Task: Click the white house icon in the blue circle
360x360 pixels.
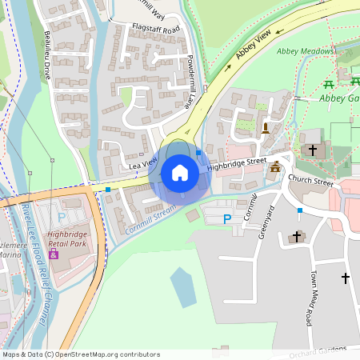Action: (x=180, y=173)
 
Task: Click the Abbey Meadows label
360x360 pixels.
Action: (x=302, y=51)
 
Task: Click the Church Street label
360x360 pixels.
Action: (x=310, y=181)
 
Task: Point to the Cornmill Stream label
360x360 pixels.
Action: (x=150, y=218)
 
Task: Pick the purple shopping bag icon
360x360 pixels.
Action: (x=54, y=254)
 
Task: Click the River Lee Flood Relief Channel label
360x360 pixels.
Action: (x=34, y=264)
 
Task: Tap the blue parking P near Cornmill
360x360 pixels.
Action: (x=227, y=218)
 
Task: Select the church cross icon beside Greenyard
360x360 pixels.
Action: (x=297, y=237)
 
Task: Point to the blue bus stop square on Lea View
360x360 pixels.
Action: (x=108, y=190)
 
